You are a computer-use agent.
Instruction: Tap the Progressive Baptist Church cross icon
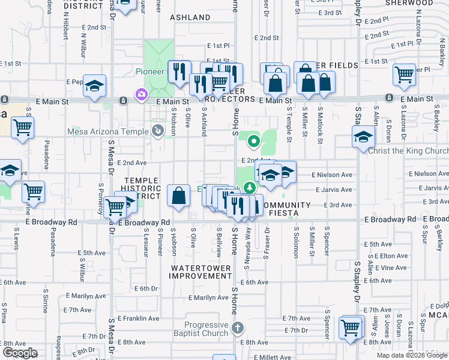pos(238,328)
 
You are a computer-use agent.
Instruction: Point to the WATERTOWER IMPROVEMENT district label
pos(200,271)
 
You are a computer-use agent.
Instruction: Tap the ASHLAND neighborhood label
pos(190,17)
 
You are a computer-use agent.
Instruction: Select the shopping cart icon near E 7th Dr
pos(351,328)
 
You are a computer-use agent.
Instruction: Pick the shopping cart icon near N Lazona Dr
pos(404,74)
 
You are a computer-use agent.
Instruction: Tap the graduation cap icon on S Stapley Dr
pos(363,137)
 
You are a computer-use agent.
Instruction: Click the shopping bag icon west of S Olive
pos(179,195)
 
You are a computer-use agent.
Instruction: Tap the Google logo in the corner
pos(20,353)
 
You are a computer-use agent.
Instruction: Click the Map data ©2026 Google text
pos(411,355)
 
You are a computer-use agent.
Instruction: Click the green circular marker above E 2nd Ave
pos(253,142)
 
